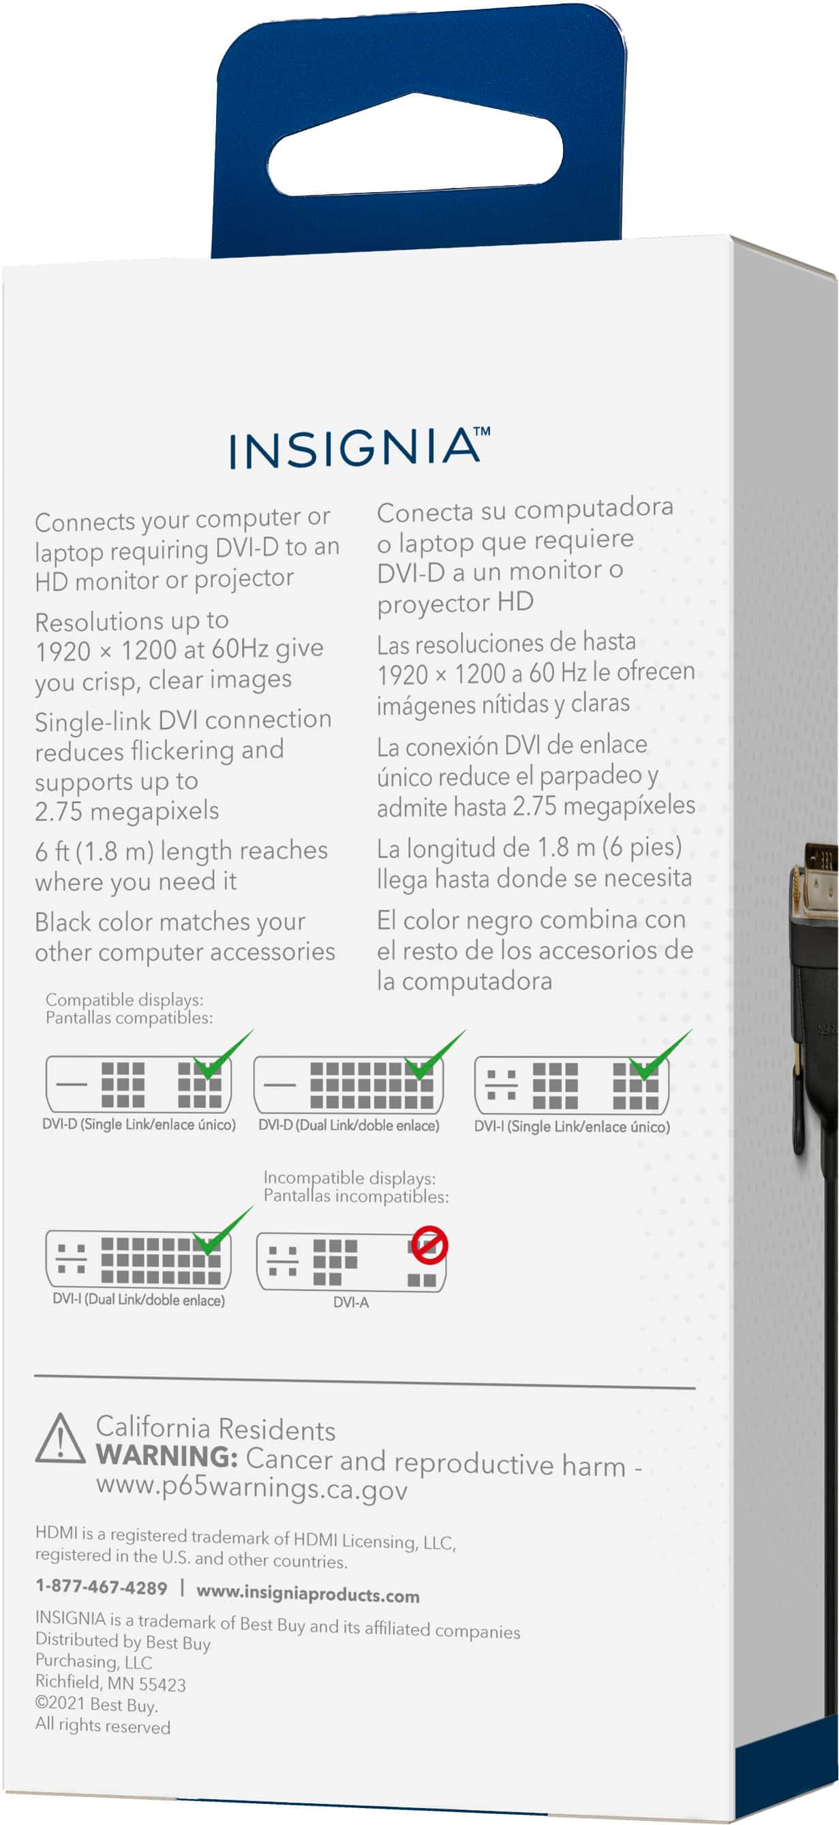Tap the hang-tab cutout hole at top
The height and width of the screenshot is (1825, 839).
415,145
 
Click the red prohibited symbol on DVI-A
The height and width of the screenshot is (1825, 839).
429,1245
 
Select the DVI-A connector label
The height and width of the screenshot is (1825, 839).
351,1302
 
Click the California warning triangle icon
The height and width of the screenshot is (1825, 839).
61,1439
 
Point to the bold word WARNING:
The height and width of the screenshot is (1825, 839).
166,1456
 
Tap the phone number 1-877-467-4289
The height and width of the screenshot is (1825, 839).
102,1588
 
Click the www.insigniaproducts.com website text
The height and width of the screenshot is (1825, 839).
307,1594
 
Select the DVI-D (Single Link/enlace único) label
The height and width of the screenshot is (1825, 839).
139,1124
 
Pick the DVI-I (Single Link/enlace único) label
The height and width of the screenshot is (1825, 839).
571,1127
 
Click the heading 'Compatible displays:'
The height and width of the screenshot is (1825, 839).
124,999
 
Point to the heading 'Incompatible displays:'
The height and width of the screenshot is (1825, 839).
350,1178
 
